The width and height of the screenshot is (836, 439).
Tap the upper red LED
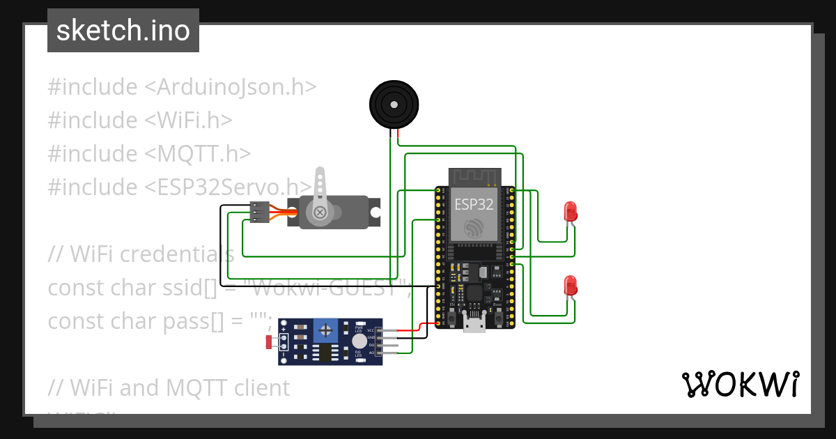point(570,210)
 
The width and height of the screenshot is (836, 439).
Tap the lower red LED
point(570,284)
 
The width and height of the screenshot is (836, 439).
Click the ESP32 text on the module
point(474,204)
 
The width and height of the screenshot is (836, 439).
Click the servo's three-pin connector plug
point(259,212)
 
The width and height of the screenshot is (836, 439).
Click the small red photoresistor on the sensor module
point(270,341)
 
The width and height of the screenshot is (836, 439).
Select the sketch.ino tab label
point(123,31)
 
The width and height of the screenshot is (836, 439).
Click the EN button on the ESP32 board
point(453,317)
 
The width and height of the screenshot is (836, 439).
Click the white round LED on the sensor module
point(359,341)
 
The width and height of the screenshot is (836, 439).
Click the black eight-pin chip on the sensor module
point(325,352)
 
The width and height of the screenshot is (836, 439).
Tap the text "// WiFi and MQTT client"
point(169,387)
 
